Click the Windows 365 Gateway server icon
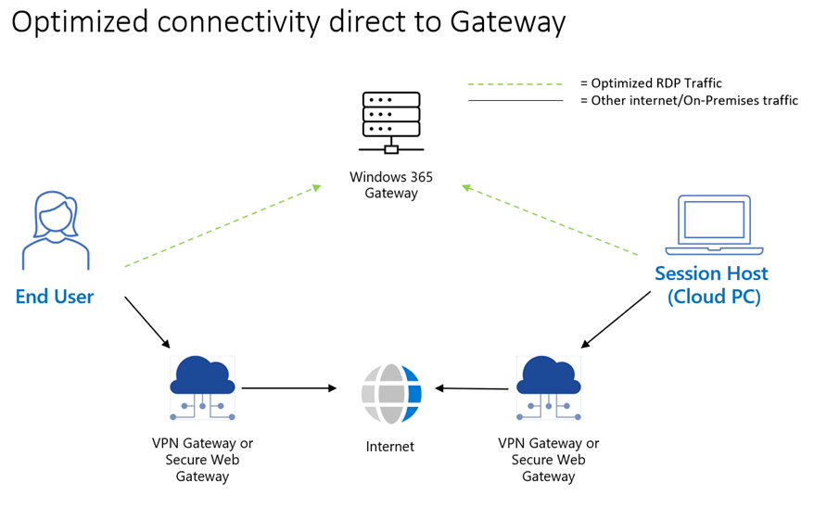pos(391,121)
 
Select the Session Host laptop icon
pos(713,225)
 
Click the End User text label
pos(55,298)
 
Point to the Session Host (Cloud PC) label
pos(711,285)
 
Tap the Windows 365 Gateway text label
pos(391,184)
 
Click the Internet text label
pos(390,447)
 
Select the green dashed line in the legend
pos(515,84)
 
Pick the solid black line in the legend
pos(515,100)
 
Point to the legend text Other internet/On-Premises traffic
pos(694,100)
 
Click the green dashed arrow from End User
pos(223,227)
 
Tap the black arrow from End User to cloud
pos(147,322)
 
